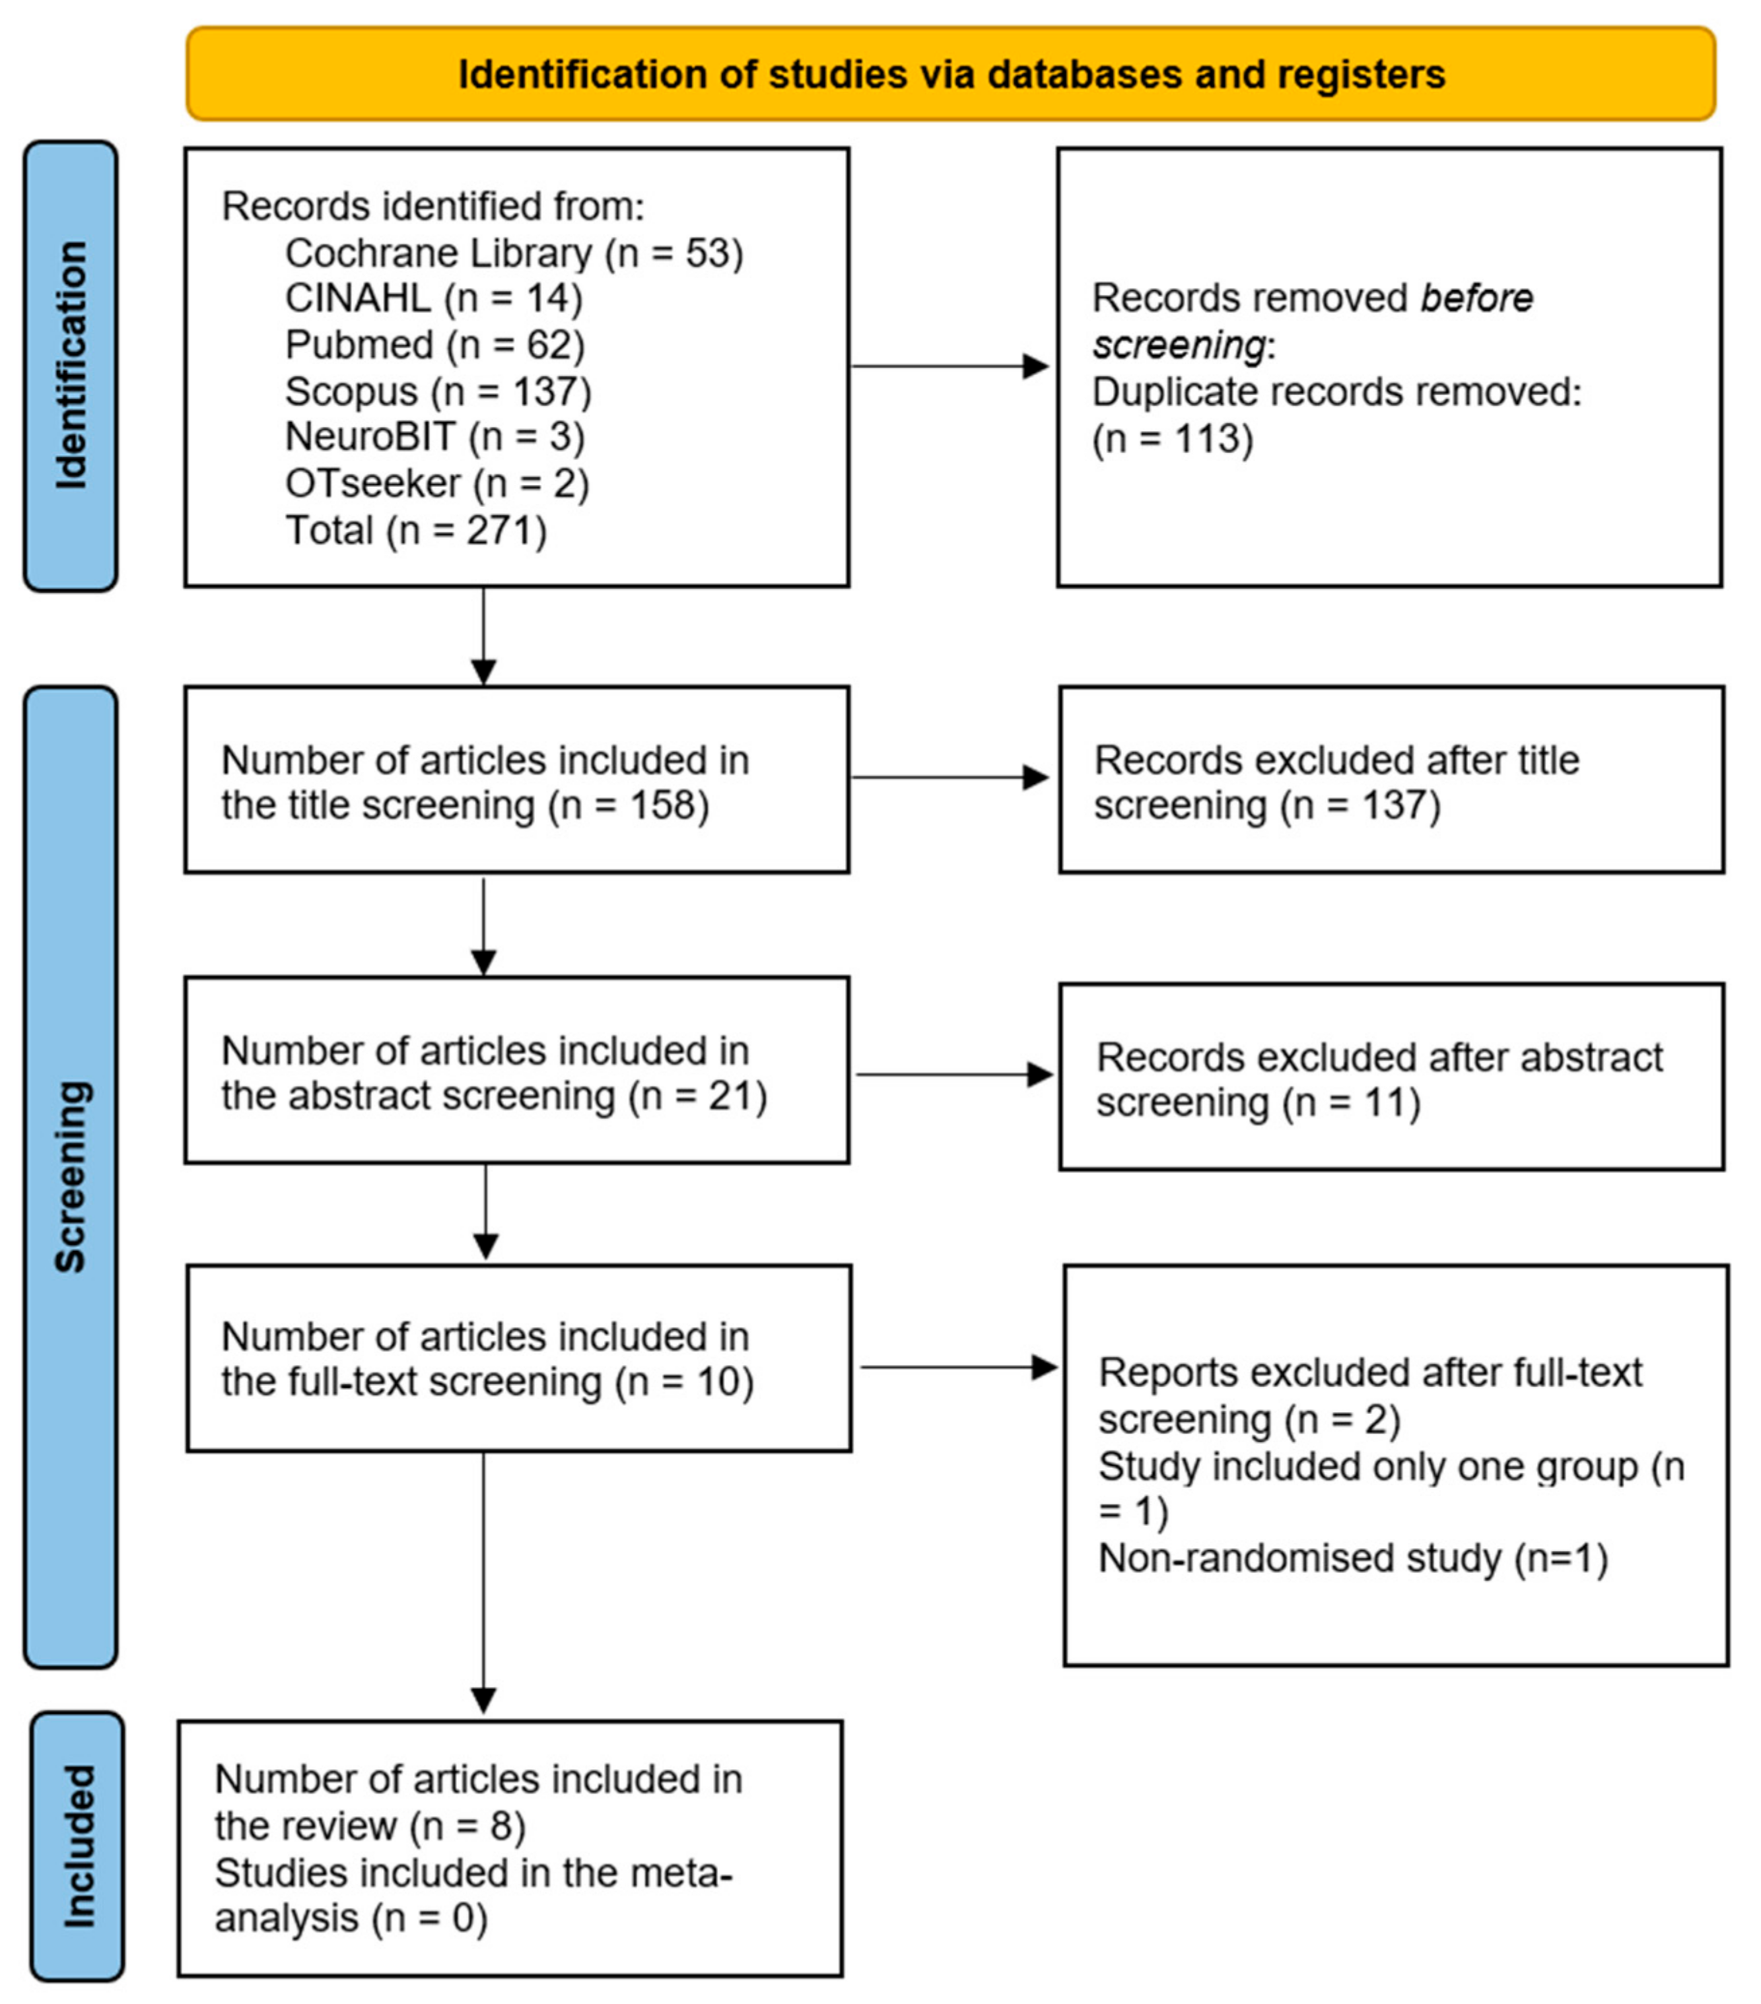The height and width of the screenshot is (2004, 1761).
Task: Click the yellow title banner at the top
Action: pyautogui.click(x=950, y=75)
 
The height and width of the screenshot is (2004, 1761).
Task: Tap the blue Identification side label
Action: pyautogui.click(x=71, y=365)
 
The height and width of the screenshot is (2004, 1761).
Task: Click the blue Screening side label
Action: pyautogui.click(x=71, y=1176)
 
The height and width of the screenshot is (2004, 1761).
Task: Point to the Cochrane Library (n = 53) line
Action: pyautogui.click(x=514, y=253)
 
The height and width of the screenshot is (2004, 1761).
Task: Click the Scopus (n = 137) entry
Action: pyautogui.click(x=438, y=391)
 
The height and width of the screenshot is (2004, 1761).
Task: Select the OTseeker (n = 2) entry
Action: pyautogui.click(x=437, y=483)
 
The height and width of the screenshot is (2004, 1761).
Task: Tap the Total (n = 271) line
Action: pyautogui.click(x=415, y=531)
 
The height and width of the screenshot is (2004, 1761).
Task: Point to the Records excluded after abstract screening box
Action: pyautogui.click(x=1391, y=1077)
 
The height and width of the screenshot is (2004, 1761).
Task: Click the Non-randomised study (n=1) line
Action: pyautogui.click(x=1352, y=1558)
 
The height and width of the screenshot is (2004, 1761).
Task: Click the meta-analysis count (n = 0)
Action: pyautogui.click(x=429, y=1918)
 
